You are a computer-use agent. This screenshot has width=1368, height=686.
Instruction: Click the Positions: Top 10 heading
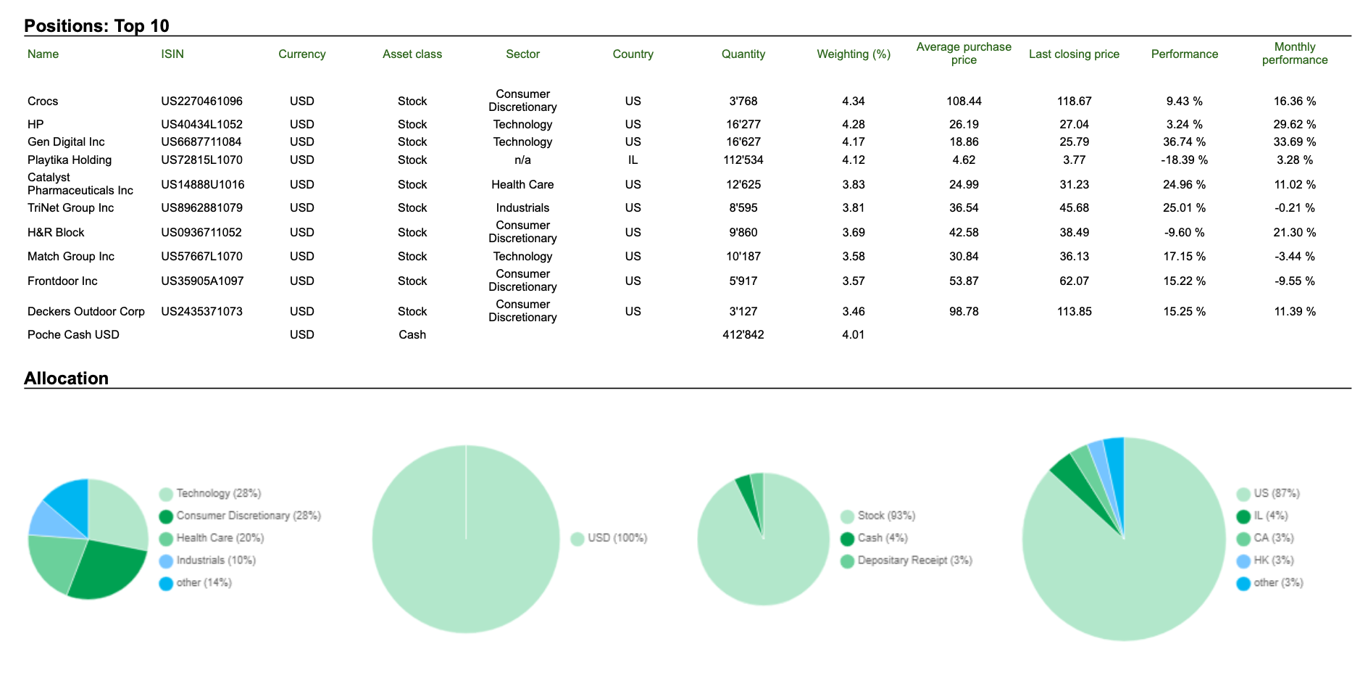96,26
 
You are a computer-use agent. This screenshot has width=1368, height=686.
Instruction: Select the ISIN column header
172,54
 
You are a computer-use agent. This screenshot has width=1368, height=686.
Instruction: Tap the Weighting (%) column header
854,54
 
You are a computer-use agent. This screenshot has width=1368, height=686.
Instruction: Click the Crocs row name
43,102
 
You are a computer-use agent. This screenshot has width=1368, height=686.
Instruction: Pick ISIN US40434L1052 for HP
202,125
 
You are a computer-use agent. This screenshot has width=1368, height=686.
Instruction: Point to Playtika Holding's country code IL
633,160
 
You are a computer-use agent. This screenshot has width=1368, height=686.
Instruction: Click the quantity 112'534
743,160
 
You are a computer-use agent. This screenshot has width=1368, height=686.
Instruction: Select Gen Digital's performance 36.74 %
1185,142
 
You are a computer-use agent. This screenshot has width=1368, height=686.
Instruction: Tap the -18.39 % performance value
1185,160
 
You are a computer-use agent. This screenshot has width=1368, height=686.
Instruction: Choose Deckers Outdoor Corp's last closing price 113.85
1075,312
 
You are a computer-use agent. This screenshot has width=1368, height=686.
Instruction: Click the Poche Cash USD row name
73,335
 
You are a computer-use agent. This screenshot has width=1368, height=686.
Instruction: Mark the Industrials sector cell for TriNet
522,208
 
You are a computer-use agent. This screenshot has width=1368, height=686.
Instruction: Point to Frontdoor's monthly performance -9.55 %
1295,281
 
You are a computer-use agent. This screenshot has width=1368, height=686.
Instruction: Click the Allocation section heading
66,379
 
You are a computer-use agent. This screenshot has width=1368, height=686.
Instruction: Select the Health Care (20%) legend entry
212,538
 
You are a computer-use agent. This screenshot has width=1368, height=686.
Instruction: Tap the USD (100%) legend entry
609,538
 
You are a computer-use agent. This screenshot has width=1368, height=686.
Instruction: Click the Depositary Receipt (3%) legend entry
906,561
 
